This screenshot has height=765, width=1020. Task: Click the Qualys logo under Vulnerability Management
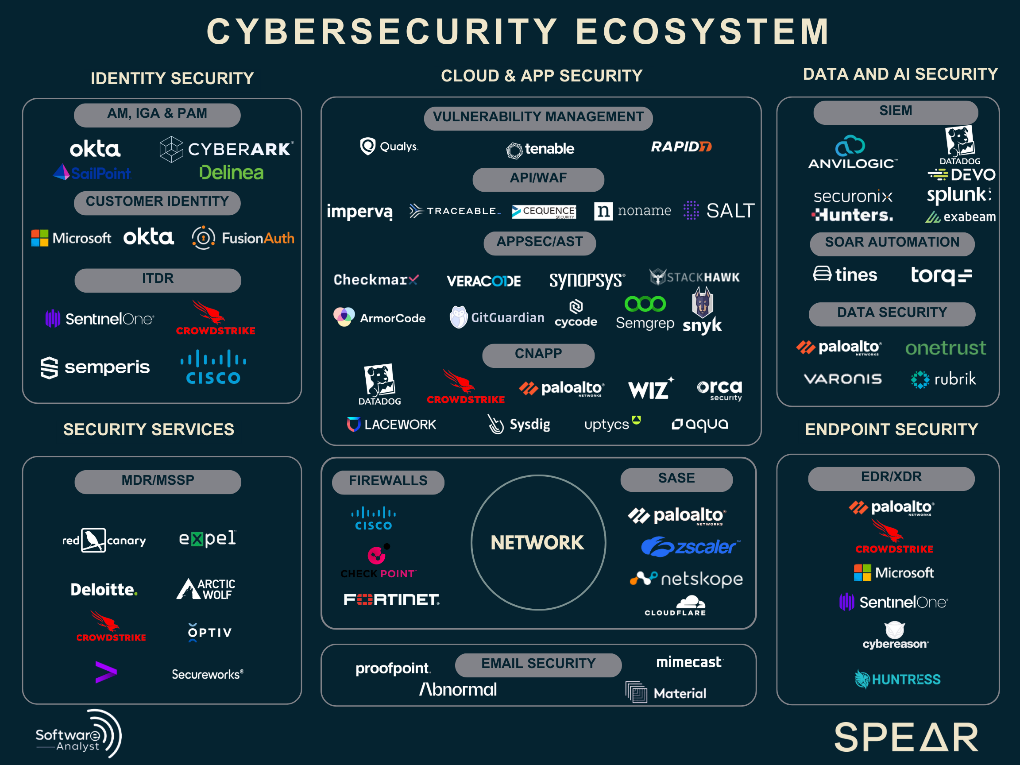tap(389, 147)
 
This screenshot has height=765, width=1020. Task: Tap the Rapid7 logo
tap(680, 147)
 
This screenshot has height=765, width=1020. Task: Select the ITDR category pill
tap(158, 279)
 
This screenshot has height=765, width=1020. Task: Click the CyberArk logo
tap(226, 149)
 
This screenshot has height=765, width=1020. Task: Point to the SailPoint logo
tap(92, 173)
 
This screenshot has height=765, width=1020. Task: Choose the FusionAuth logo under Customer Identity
tap(243, 238)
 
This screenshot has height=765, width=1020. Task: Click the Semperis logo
tap(95, 367)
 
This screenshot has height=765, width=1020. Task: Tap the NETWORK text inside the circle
tap(537, 543)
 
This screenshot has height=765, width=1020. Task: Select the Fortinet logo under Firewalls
tap(391, 599)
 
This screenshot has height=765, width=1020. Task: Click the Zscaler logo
tap(690, 547)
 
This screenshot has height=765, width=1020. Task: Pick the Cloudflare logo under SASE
tap(676, 606)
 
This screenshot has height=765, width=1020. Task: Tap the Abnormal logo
tap(458, 689)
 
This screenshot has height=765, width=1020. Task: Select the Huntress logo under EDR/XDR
tap(897, 679)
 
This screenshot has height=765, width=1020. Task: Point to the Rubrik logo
tap(943, 379)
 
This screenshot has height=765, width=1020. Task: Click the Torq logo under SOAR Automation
tap(941, 276)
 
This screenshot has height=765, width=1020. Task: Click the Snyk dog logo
tap(702, 310)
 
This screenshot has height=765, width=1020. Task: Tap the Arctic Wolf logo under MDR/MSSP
tap(206, 589)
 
